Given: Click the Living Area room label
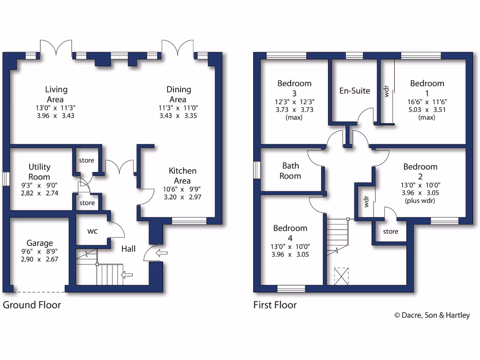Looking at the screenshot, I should [x=56, y=94].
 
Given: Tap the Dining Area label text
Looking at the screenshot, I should [x=179, y=94].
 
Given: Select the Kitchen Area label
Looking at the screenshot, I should [x=182, y=175].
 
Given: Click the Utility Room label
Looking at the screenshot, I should [x=39, y=172].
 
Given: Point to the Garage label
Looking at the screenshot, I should [x=39, y=243].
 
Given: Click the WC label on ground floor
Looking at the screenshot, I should [x=92, y=232].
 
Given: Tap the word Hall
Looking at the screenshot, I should [x=128, y=249].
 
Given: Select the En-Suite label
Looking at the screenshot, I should [x=354, y=91].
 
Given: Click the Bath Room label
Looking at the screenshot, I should [x=291, y=171].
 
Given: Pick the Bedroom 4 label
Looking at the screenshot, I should [x=291, y=233].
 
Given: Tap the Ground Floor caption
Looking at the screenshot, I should [x=32, y=305].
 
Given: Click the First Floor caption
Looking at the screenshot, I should [x=275, y=305].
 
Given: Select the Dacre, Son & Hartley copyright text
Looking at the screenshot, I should [x=432, y=315].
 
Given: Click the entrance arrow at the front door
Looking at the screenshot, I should [x=161, y=254].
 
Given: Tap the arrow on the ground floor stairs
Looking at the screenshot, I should [x=126, y=274].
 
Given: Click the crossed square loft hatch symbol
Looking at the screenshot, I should [x=341, y=276].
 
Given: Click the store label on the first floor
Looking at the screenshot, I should [x=390, y=232].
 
